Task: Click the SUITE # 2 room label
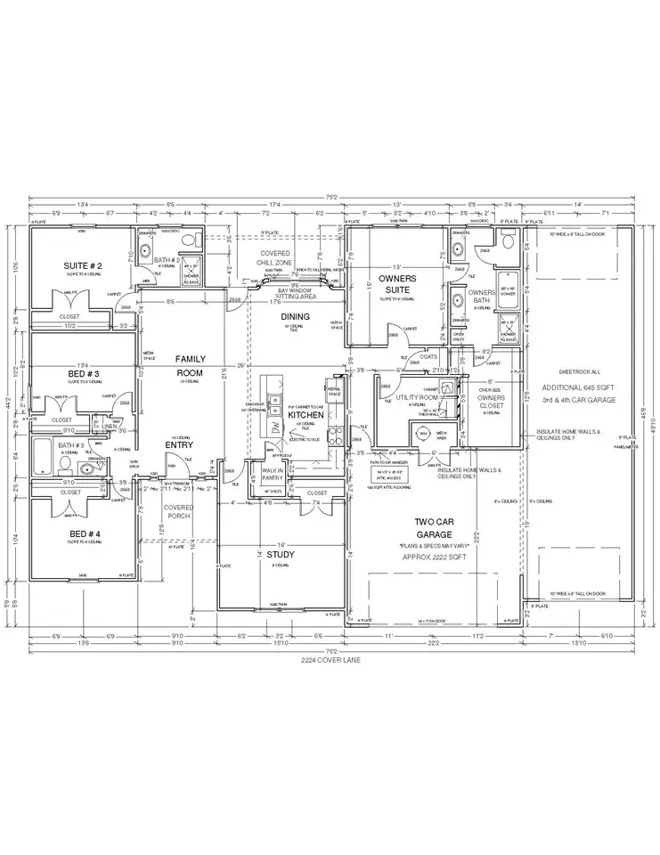[83, 265]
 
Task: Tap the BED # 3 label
[83, 373]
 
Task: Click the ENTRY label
[178, 445]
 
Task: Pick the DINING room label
[296, 316]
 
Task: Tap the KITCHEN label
[306, 415]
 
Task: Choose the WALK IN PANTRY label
[272, 475]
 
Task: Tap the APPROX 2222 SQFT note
[436, 555]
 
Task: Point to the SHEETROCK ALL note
[579, 371]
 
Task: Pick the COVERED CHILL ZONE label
[277, 259]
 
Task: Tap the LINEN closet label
[109, 427]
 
